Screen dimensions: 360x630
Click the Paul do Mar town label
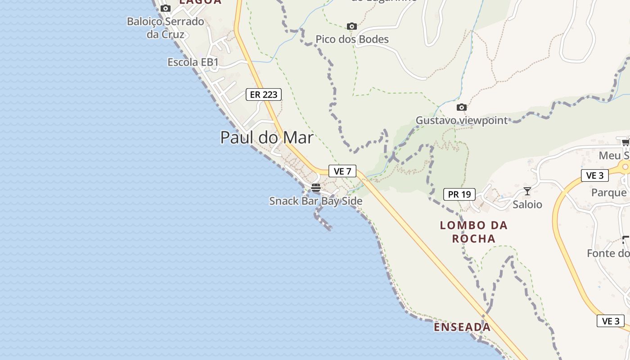point(266,137)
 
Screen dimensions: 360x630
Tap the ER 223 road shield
point(264,94)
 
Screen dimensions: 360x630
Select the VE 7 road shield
point(342,171)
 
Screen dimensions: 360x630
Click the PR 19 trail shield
point(459,194)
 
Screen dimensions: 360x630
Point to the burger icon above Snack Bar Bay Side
point(316,187)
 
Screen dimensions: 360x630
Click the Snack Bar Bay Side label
point(315,201)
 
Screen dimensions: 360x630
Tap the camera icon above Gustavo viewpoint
point(461,107)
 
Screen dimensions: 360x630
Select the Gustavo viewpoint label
point(461,121)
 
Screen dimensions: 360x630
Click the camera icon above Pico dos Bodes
point(352,26)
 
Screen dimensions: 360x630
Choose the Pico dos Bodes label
point(352,40)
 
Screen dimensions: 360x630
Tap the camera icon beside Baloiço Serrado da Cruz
point(166,8)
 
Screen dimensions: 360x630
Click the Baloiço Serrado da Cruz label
point(166,27)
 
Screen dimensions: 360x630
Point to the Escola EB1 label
point(193,63)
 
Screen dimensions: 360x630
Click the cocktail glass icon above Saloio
point(527,191)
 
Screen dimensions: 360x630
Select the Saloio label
point(527,205)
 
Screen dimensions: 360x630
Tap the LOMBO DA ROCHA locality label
point(474,232)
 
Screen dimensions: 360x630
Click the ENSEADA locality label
point(462,327)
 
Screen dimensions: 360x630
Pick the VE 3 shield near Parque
point(595,175)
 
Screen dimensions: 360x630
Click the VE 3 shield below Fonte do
point(611,321)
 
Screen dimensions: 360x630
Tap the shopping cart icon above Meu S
point(625,143)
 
